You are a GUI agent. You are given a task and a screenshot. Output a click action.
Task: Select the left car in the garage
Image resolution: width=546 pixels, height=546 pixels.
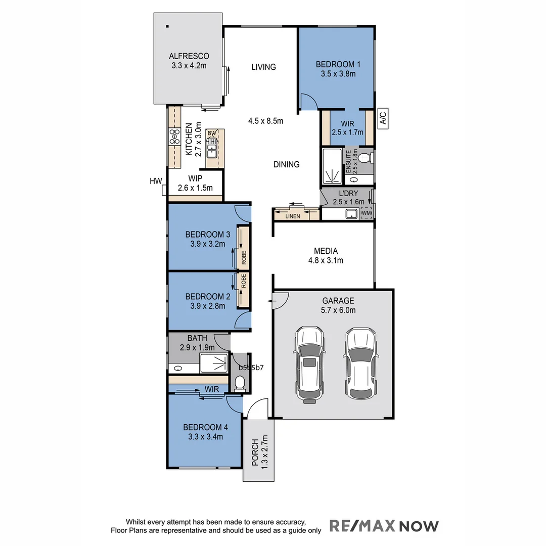click(309, 365)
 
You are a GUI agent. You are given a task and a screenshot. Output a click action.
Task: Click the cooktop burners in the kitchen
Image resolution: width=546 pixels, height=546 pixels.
click(174, 136)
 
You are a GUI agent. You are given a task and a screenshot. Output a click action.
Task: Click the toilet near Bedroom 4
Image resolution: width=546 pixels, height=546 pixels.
click(240, 384)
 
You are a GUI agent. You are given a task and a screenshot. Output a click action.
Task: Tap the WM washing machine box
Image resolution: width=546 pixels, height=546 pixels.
click(366, 214)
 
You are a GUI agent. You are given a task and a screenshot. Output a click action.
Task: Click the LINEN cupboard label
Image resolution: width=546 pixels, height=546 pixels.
click(292, 216)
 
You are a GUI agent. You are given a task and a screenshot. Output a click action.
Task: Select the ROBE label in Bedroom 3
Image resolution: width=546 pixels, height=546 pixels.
click(244, 258)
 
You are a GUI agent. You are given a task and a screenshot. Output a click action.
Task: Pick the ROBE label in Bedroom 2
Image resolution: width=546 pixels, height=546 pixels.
click(244, 281)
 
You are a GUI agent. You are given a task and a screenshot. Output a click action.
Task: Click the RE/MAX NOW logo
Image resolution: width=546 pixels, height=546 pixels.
click(384, 526)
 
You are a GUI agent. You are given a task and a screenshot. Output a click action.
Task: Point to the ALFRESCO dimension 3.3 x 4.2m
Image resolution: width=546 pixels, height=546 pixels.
click(189, 65)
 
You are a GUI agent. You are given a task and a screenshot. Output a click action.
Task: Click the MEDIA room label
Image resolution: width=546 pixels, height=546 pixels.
click(326, 251)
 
